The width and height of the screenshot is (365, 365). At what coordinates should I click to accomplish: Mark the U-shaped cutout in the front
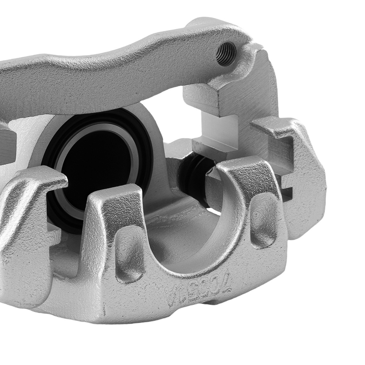190,234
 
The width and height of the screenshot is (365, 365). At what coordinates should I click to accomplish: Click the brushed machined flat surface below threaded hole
252,95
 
